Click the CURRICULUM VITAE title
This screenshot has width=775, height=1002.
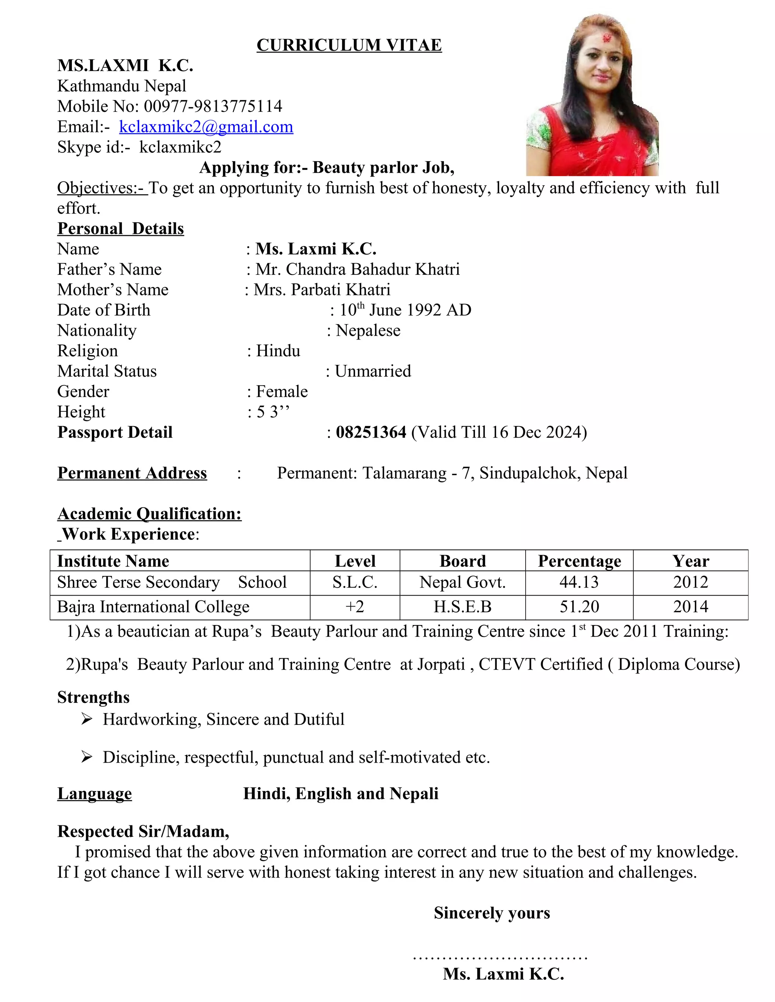point(349,45)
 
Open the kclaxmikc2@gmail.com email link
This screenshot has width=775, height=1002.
point(206,127)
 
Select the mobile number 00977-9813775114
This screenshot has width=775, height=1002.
point(213,107)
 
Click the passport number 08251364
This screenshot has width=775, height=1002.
point(371,432)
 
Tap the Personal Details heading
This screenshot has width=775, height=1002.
point(120,228)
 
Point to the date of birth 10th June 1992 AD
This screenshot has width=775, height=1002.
point(405,310)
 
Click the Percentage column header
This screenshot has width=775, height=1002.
point(579,561)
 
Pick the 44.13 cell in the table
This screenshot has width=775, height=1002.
point(579,582)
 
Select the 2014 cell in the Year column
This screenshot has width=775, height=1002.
point(691,606)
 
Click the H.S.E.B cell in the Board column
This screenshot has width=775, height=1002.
point(462,606)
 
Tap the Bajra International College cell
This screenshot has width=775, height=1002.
point(153,606)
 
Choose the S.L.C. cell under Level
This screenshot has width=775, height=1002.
point(355,582)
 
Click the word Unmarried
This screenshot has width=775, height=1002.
point(373,371)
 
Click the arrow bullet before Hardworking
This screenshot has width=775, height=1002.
point(86,719)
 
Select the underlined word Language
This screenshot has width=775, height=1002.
point(95,794)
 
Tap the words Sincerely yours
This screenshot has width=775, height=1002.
point(492,913)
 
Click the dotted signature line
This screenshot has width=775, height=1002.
point(500,957)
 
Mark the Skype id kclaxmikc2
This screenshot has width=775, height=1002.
point(181,147)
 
